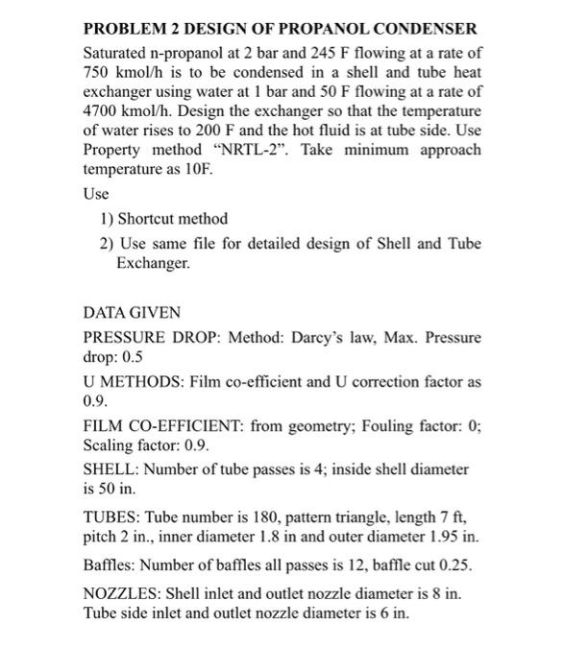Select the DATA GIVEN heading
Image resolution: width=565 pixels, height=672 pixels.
coord(131,314)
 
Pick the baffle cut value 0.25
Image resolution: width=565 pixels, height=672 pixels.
coord(445,560)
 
